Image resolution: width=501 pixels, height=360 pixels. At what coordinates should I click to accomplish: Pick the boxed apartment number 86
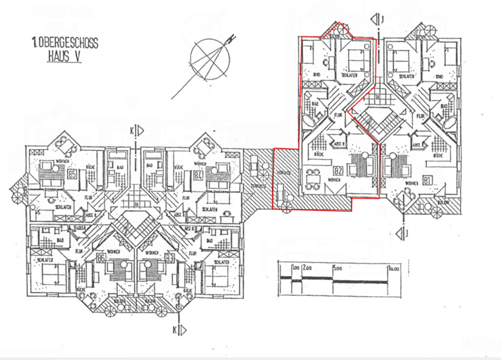[101, 258]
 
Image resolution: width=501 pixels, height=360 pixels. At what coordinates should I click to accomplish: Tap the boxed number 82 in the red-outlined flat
[338, 170]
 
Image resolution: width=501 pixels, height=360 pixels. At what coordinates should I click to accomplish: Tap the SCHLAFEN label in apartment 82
[349, 76]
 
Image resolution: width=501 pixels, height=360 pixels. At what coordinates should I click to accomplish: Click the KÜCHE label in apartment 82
[319, 155]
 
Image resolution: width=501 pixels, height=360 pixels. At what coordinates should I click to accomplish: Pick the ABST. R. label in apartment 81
[417, 145]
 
